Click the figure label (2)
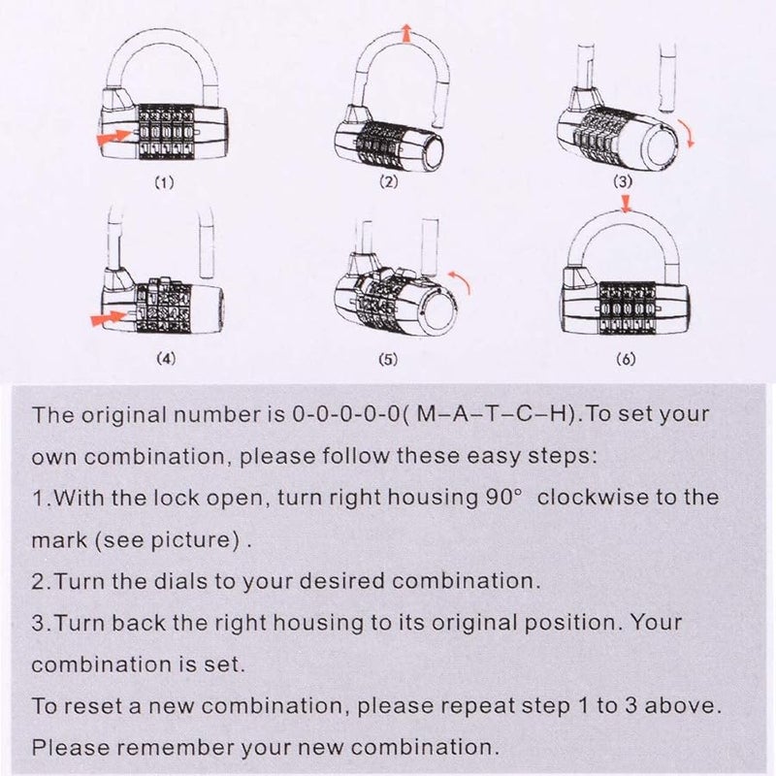pos(389,182)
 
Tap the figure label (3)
pos(624,181)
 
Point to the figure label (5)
pos(388,359)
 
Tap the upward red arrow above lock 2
pos(405,36)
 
